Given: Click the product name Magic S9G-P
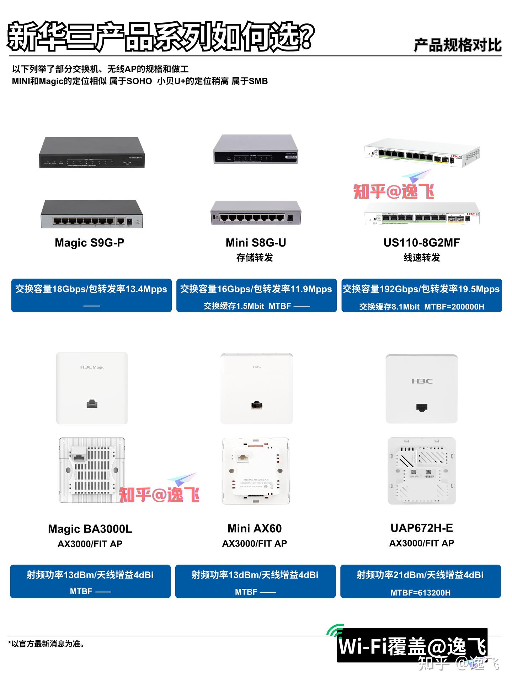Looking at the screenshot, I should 90,243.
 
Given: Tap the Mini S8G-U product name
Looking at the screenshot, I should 256,243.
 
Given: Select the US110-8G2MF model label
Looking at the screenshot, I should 421,243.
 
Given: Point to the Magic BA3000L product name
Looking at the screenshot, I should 90,529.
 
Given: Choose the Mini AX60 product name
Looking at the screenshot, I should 255,528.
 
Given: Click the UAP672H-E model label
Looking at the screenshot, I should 422,528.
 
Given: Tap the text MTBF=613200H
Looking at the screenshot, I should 421,592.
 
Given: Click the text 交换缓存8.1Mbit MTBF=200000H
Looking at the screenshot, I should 421,307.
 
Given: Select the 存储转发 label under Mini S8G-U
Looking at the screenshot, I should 255,258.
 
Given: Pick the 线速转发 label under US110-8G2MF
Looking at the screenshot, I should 422,258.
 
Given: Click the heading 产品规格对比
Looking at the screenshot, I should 458,45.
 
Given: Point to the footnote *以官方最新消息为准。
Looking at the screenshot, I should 46,643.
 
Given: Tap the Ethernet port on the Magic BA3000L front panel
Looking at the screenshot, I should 92,404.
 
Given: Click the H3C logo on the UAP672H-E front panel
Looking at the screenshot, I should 422,381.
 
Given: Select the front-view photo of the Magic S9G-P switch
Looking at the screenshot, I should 92,152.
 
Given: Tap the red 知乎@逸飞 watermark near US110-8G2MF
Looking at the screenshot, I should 394,191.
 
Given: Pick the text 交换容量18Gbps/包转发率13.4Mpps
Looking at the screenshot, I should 91,289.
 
